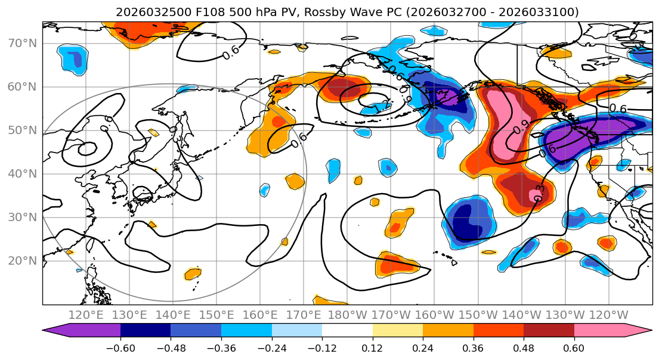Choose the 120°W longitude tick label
coord(609,315)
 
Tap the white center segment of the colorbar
coord(347,331)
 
